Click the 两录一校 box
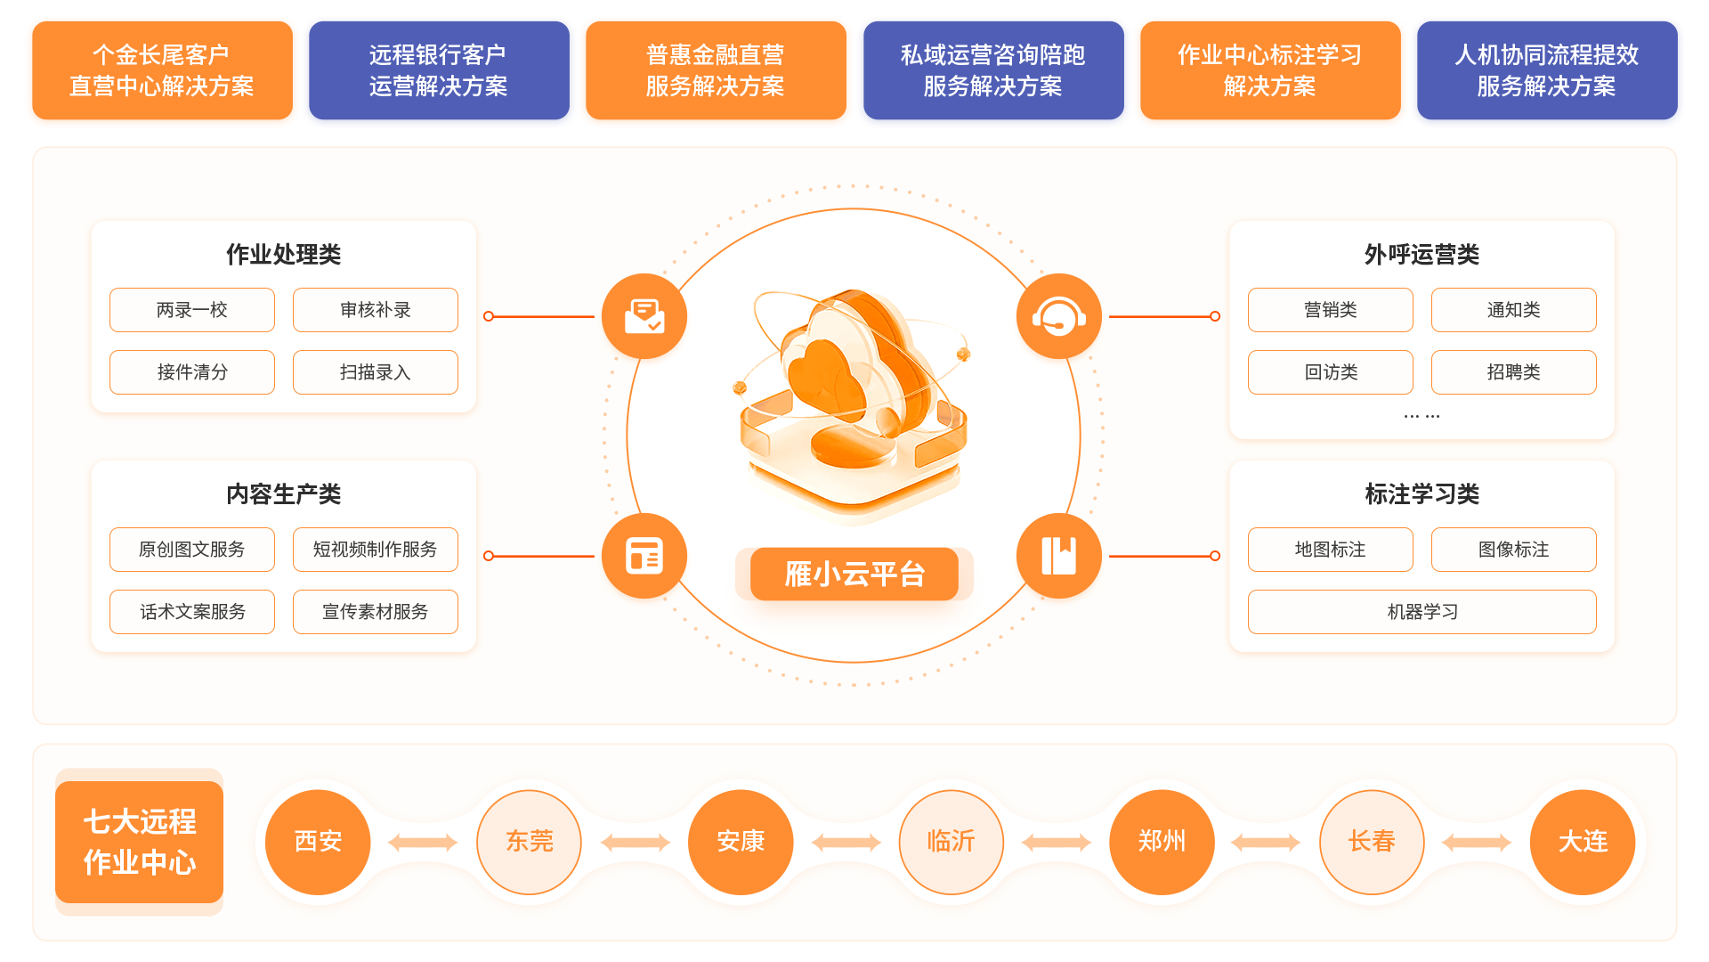192,310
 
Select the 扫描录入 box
375,372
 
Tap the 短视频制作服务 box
375,550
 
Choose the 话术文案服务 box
192,612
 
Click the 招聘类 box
1513,372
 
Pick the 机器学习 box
1421,612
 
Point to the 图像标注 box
1513,550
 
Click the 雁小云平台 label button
854,575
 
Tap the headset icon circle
1058,316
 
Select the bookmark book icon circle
1058,556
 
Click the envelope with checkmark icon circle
644,316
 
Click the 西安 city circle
318,842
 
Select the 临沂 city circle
951,842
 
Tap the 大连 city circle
1583,842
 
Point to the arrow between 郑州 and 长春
1266,843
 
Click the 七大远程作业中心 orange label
140,842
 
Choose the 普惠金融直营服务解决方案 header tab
715,71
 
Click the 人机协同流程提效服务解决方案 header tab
1546,71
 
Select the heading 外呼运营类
1421,255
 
